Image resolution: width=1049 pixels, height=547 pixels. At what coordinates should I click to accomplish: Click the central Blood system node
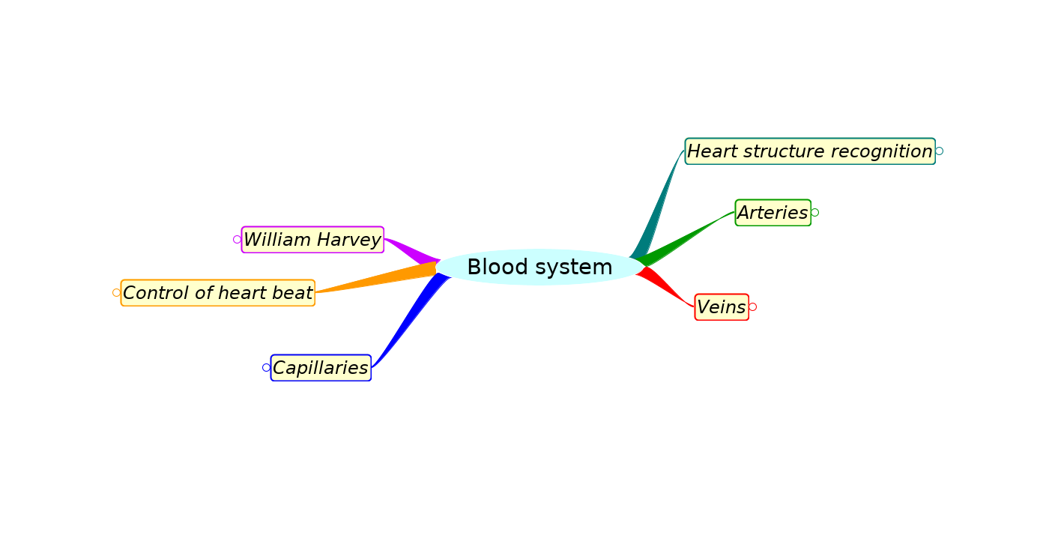(539, 267)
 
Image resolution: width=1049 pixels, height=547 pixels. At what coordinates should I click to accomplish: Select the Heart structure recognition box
(809, 151)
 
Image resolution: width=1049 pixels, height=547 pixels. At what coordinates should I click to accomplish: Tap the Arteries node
(773, 213)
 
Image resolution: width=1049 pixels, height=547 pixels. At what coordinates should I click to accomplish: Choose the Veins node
(722, 307)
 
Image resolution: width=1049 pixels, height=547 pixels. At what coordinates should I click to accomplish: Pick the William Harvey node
(312, 240)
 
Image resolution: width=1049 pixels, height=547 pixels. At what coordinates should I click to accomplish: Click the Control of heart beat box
(217, 293)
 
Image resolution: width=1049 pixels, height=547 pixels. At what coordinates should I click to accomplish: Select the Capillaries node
(321, 368)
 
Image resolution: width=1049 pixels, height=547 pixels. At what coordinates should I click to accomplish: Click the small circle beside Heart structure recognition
(939, 151)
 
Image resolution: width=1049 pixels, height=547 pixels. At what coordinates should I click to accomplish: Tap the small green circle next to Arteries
(814, 213)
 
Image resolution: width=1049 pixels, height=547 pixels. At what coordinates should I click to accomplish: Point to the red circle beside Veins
(752, 307)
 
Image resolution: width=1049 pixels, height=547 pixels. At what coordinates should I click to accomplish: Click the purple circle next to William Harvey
(237, 240)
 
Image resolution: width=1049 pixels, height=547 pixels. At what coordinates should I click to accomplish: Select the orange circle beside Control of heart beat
(116, 293)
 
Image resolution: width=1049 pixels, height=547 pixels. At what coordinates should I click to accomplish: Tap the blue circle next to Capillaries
(266, 368)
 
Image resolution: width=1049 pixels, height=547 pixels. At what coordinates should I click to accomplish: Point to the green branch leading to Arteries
(686, 238)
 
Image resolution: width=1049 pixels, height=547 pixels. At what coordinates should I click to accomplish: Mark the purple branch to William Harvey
(412, 250)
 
